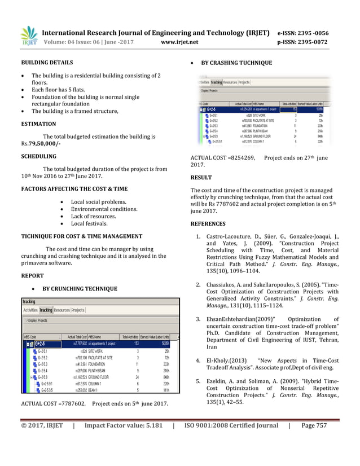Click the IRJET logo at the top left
29,36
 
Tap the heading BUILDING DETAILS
46,62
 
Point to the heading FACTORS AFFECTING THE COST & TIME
74,188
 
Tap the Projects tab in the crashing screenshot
244,82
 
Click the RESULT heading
202,178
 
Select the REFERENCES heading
208,223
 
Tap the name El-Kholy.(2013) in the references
227,360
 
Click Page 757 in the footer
314,441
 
